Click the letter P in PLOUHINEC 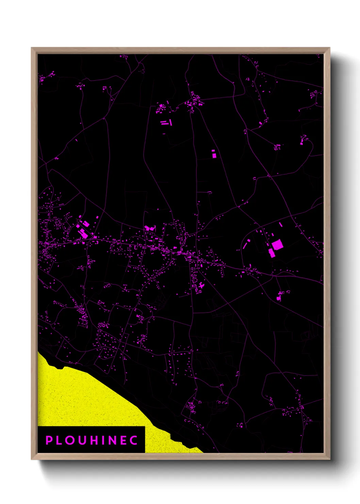point(49,440)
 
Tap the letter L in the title point(60,440)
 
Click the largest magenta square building point(277,245)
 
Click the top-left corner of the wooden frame point(32,48)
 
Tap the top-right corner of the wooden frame point(329,48)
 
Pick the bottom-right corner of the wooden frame point(329,459)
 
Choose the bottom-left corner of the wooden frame point(32,459)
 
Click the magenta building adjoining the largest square point(272,253)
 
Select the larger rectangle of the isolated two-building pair point(214,155)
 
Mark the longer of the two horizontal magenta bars point(165,124)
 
